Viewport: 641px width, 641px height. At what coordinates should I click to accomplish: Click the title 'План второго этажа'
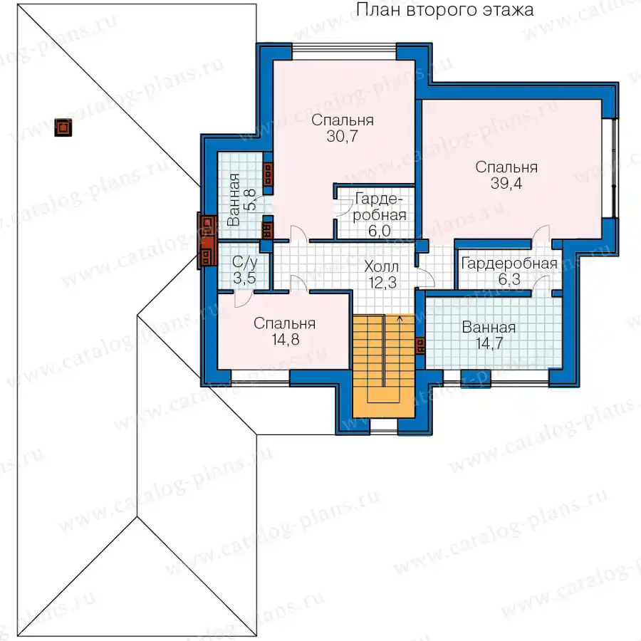[444, 10]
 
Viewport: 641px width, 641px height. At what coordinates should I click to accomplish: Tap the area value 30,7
[342, 136]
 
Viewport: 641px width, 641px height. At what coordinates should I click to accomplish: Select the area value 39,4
[506, 184]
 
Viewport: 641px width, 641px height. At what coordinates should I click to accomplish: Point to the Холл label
[382, 267]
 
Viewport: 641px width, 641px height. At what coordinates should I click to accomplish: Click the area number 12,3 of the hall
[382, 283]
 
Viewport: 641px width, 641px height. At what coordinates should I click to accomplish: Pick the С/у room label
[244, 261]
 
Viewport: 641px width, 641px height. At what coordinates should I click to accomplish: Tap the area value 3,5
[244, 278]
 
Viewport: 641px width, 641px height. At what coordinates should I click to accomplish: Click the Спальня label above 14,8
[284, 323]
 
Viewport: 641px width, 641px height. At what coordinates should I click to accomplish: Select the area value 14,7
[489, 343]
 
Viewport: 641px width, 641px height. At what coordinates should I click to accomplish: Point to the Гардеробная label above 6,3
[509, 264]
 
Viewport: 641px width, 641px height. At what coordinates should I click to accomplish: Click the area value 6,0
[380, 231]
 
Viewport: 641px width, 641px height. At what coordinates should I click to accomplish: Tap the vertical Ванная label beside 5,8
[234, 200]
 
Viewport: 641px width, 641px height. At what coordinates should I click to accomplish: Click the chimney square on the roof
[63, 127]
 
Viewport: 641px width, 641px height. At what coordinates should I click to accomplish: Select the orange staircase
[383, 365]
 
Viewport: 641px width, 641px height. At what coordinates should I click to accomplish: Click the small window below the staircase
[383, 425]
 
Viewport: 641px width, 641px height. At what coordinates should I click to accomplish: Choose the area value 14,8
[286, 339]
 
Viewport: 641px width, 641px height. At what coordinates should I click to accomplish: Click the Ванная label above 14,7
[489, 328]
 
